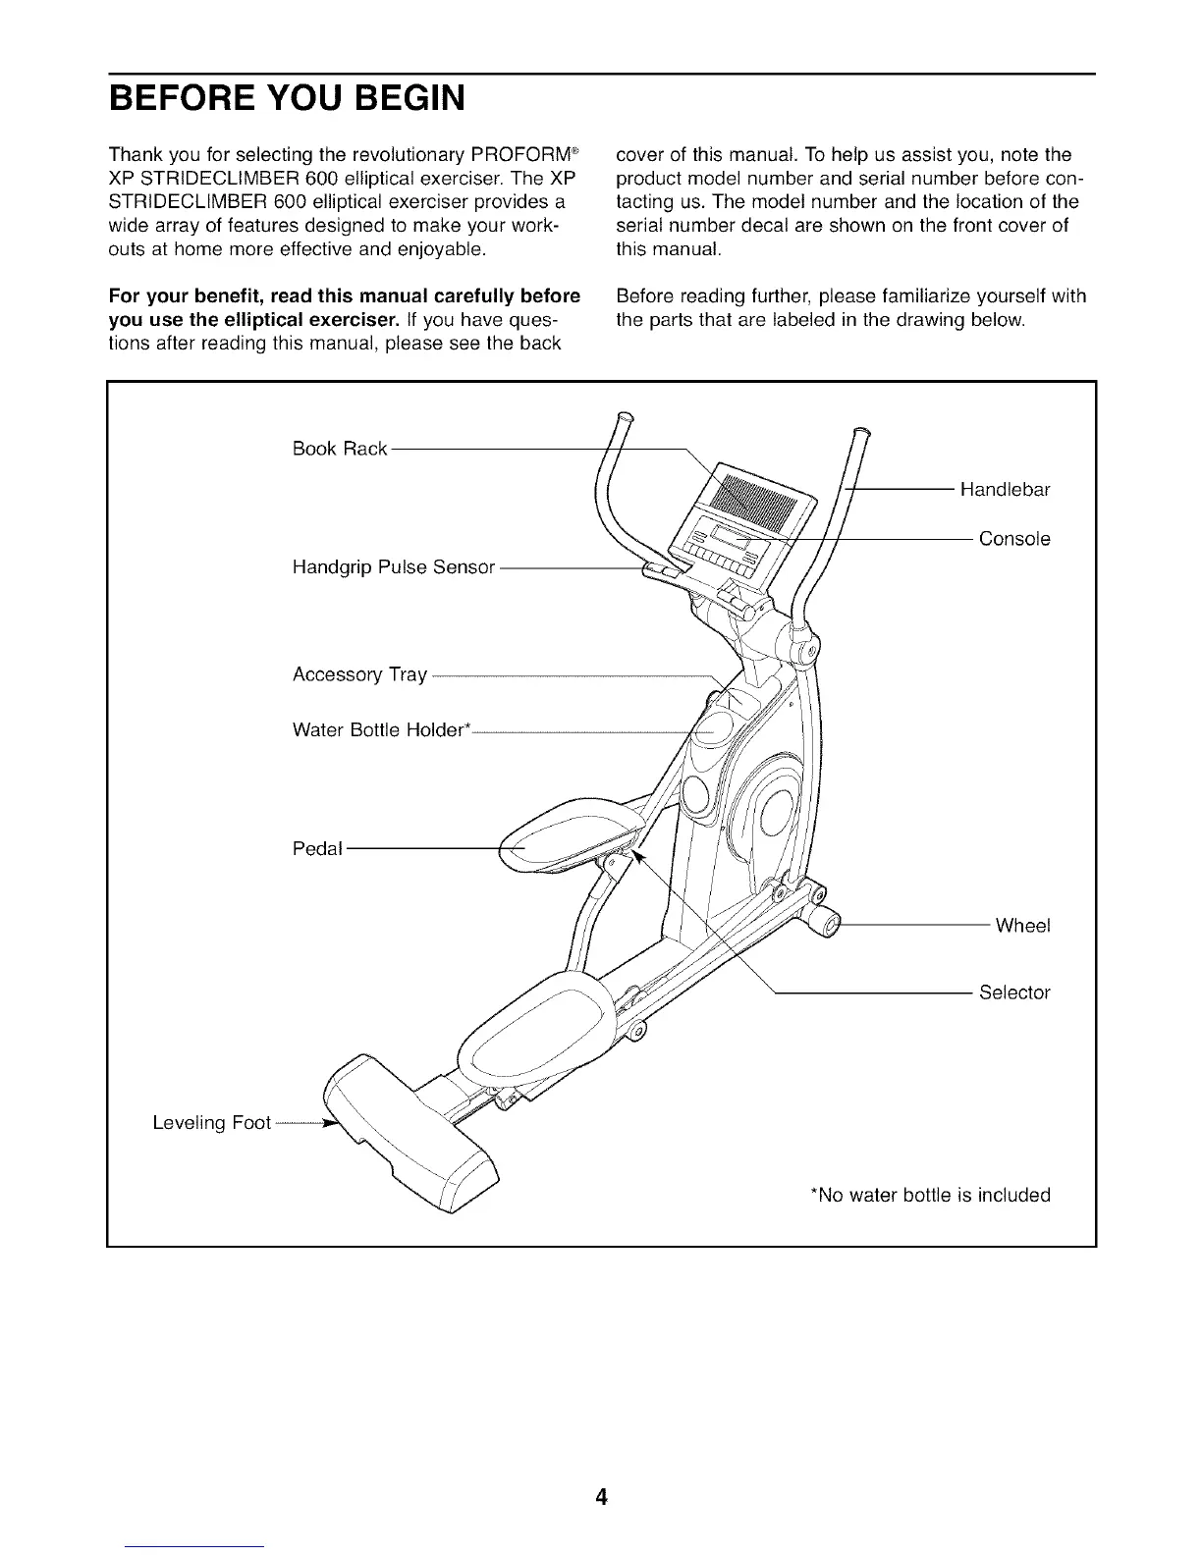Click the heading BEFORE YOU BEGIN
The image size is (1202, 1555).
[286, 98]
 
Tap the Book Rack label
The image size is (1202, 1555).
[340, 449]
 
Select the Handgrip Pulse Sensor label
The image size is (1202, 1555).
[393, 567]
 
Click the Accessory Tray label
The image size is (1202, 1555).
[359, 675]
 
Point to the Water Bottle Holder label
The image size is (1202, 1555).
[382, 730]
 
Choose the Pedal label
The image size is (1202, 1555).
[317, 848]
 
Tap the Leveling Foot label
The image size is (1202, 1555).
[211, 1123]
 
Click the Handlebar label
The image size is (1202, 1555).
[1005, 490]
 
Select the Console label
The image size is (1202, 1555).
[1014, 539]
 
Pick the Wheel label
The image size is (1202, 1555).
[1022, 926]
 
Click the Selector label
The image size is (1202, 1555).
[1014, 992]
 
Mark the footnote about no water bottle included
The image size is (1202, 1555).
[929, 1195]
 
